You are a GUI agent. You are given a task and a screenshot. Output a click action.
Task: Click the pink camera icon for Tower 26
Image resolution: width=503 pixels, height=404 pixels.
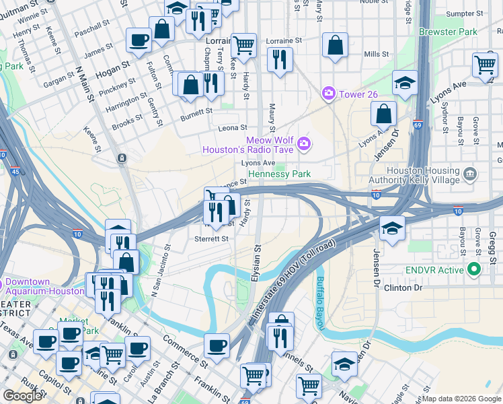click(x=329, y=93)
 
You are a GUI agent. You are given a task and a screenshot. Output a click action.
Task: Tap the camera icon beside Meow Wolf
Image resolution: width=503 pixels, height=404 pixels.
click(x=305, y=143)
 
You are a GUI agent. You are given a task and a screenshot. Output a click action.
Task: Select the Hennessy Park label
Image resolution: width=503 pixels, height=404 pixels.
click(x=279, y=174)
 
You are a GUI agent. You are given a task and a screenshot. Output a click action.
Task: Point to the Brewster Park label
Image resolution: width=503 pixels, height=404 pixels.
click(x=447, y=32)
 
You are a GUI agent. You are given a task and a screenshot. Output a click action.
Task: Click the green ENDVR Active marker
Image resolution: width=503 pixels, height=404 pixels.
click(x=474, y=270)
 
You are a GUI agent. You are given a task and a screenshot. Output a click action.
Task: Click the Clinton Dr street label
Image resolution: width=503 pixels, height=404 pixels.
click(x=403, y=288)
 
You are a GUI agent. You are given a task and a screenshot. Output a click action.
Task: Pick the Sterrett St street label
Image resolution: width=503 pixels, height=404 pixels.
click(x=211, y=238)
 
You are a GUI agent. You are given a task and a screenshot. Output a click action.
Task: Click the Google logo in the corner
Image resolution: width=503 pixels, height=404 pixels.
click(x=22, y=396)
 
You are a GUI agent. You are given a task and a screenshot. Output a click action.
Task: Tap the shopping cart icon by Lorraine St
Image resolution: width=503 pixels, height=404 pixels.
click(x=243, y=45)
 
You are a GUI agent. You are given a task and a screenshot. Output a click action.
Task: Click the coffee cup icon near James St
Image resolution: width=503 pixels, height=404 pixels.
click(x=139, y=40)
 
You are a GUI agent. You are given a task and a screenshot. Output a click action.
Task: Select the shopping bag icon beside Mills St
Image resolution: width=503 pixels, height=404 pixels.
click(x=335, y=46)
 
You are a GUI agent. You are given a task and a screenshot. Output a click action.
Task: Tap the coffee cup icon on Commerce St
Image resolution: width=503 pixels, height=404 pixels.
click(x=216, y=346)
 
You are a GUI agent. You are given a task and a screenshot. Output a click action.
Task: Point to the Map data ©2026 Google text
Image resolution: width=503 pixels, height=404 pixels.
click(x=461, y=399)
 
